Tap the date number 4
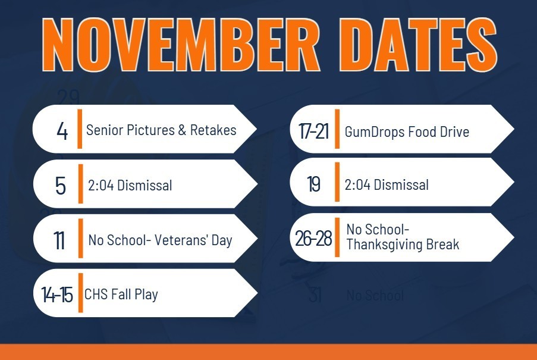pyautogui.click(x=62, y=131)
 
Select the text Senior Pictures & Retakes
pyautogui.click(x=161, y=130)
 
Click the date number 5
pyautogui.click(x=61, y=186)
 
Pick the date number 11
pyautogui.click(x=59, y=241)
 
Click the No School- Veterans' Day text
pyautogui.click(x=160, y=240)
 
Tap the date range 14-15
pyautogui.click(x=57, y=294)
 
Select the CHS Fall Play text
pyautogui.click(x=121, y=293)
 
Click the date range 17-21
pyautogui.click(x=313, y=132)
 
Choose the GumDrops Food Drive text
pyautogui.click(x=407, y=132)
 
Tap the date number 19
pyautogui.click(x=314, y=185)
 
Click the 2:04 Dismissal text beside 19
pyautogui.click(x=387, y=184)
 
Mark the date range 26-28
pyautogui.click(x=313, y=239)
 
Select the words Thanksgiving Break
pyautogui.click(x=403, y=244)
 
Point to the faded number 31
pyautogui.click(x=315, y=295)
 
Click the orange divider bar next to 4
pyautogui.click(x=80, y=129)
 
